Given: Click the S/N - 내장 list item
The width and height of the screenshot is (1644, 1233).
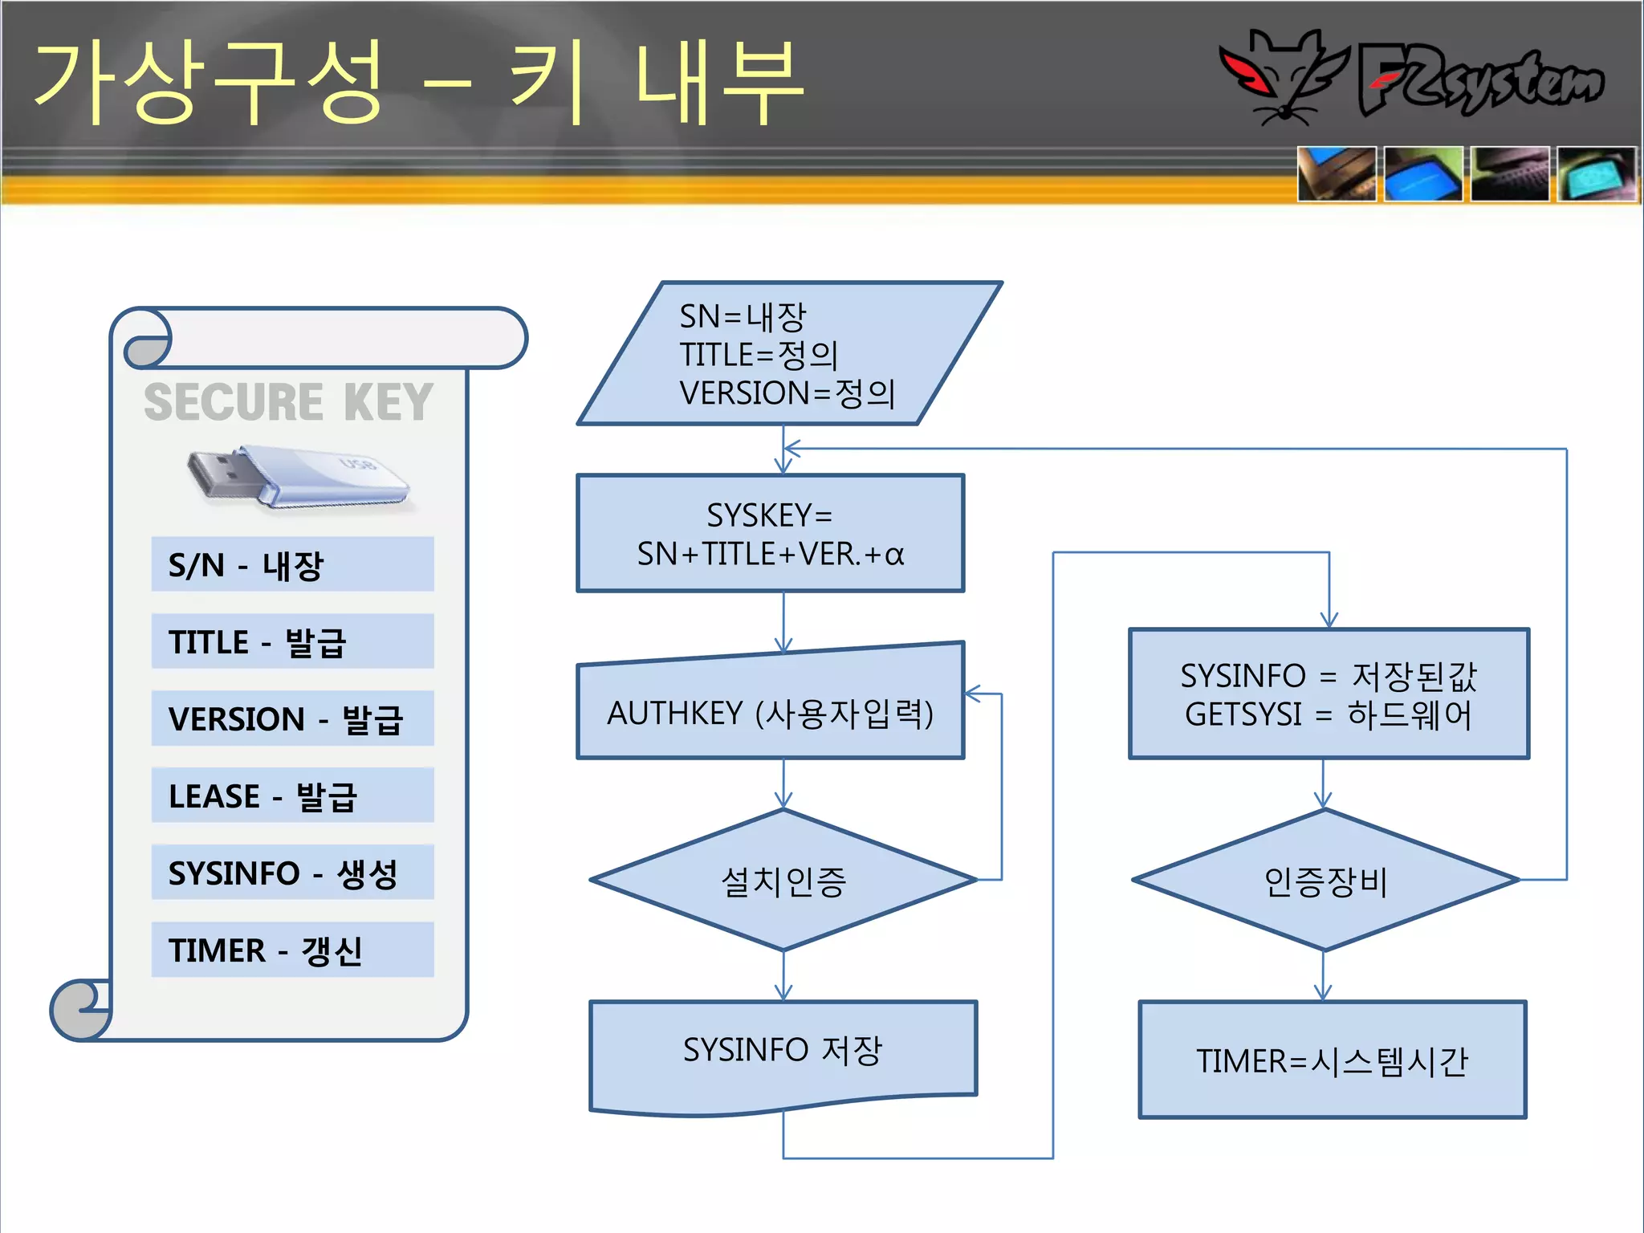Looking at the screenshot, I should point(292,564).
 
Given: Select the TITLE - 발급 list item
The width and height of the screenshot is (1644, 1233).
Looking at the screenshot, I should point(292,641).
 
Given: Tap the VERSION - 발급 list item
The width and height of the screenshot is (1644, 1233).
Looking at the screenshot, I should point(292,718).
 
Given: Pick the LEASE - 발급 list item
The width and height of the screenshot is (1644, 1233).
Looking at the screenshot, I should point(292,796).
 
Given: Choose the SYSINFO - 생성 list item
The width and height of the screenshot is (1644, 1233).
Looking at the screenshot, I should point(292,873).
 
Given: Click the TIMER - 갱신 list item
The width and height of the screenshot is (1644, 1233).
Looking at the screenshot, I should point(292,950).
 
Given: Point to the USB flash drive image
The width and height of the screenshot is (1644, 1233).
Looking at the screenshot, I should point(297,478).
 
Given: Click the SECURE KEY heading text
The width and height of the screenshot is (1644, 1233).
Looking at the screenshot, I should point(288,402).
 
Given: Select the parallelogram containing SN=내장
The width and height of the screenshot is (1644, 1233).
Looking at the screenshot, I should point(789,354).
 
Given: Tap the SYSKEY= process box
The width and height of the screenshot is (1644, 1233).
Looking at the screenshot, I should point(770,534).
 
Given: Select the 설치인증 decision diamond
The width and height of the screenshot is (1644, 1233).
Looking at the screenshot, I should point(783,881).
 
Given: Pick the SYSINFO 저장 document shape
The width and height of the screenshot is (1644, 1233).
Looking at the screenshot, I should point(783,1052).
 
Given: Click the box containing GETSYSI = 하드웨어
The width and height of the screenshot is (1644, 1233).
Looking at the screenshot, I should point(1329,694).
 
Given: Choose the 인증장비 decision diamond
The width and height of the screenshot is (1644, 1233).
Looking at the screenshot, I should point(1325,881).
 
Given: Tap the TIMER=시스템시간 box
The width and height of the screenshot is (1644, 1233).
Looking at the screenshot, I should point(1332,1060).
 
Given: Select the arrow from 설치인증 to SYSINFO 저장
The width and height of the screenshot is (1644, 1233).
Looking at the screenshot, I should point(783,976).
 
